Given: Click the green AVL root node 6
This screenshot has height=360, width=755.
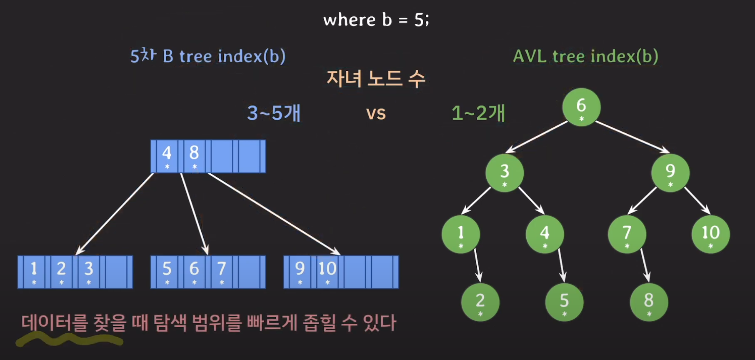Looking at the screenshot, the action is [x=581, y=107].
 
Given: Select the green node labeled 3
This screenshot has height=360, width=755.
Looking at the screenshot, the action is [x=505, y=172].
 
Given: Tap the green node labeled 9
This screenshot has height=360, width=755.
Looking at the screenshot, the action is [x=670, y=172].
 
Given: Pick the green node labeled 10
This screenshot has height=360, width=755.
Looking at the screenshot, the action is [x=710, y=234].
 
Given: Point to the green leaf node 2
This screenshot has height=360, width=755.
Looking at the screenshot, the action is [x=480, y=302].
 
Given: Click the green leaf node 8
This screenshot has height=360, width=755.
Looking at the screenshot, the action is [x=649, y=302].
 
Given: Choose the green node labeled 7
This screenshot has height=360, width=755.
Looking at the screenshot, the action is [x=627, y=234].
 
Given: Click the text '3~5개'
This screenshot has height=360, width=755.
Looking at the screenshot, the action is [x=274, y=113].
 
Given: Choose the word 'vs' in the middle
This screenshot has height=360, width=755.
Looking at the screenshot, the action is [x=376, y=114].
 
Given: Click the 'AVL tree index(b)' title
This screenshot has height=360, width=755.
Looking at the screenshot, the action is [x=585, y=56].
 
